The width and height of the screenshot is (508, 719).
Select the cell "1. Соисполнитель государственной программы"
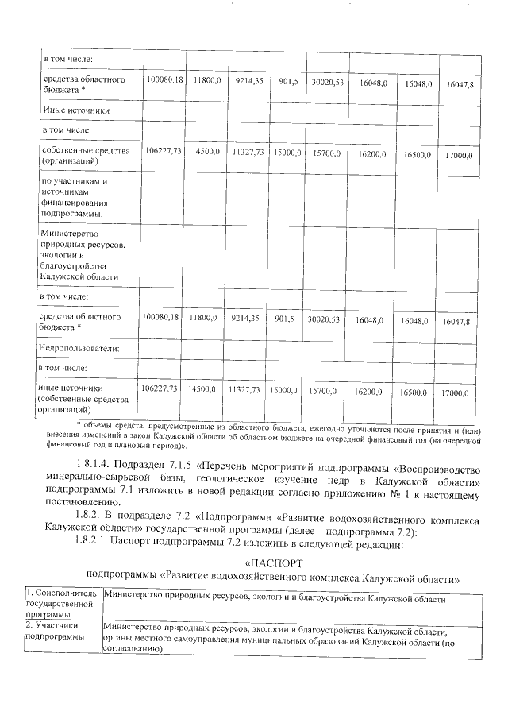61,603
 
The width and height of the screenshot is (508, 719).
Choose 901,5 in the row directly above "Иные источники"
287,82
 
